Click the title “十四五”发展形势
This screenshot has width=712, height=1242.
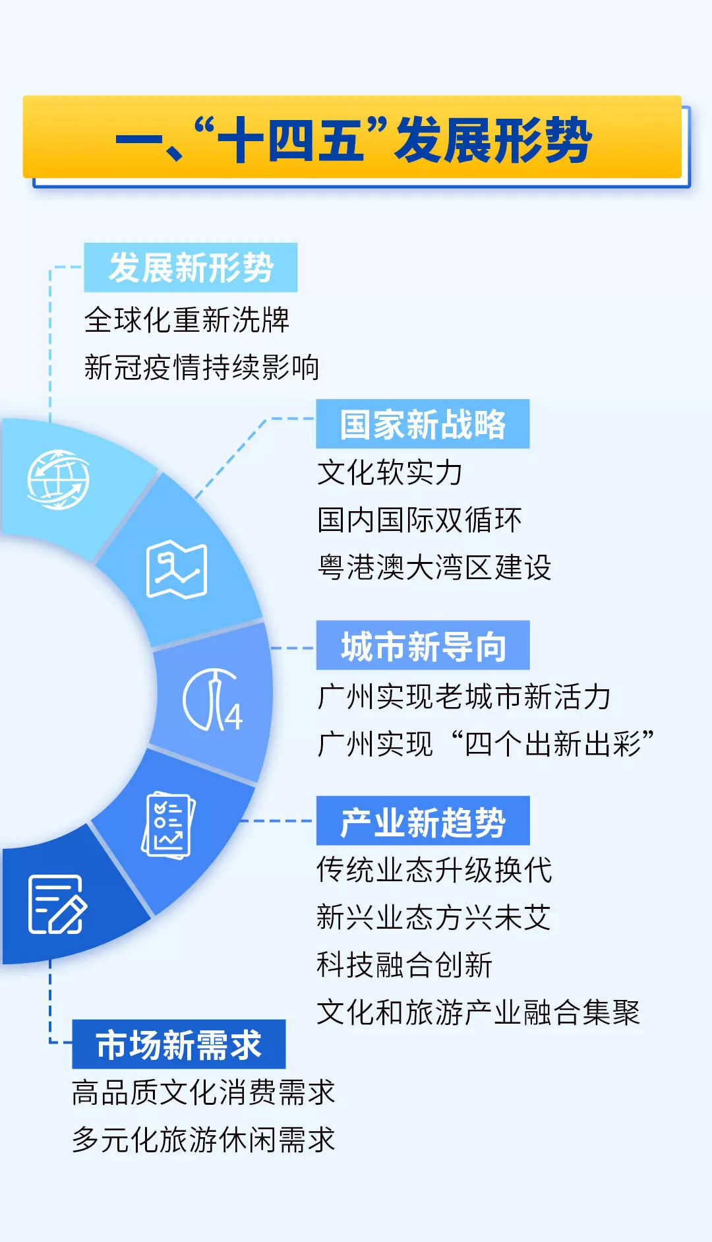coord(354,140)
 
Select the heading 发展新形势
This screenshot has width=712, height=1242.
coord(191,268)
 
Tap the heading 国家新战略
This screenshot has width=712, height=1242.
coord(423,424)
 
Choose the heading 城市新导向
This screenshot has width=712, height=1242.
coord(423,646)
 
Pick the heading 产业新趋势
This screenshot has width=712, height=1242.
coord(423,821)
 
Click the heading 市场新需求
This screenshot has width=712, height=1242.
coord(179,1045)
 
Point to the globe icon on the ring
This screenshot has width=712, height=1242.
coord(58,480)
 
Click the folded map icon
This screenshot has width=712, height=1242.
coord(177,570)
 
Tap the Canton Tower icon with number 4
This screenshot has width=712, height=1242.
coord(212,700)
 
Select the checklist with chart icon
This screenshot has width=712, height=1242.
coord(169,825)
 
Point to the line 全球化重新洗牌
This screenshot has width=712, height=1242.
coord(187,321)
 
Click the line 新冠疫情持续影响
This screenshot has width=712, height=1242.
coord(202,368)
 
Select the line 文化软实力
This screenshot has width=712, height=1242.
coord(390,473)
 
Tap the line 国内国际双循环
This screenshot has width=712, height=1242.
coord(419,520)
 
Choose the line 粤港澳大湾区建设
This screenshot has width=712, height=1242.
coord(434,568)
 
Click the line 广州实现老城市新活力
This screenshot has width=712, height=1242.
coord(464,697)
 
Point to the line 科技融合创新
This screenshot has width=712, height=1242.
coord(405,965)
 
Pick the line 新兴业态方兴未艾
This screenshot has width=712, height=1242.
coord(434,917)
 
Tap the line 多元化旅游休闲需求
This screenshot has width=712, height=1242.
coord(204,1140)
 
